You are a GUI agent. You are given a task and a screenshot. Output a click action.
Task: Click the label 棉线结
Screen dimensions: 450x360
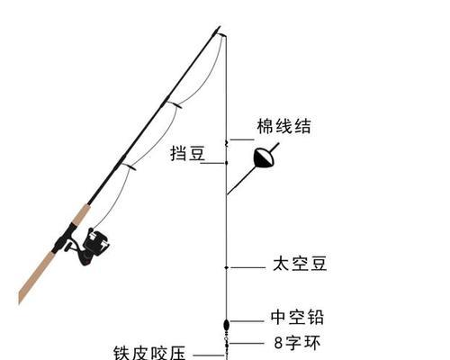coord(283,126)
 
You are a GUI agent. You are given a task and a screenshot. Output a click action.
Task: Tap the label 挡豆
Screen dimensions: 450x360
coord(188,153)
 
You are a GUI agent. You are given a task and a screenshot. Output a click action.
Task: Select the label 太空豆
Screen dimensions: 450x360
coord(300,264)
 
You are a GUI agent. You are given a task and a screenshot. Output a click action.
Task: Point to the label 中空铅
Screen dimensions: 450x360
coord(297,317)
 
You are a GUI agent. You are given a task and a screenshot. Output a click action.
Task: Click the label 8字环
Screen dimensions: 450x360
coord(297,343)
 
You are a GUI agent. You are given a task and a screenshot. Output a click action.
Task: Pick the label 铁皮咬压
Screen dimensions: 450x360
coord(149,353)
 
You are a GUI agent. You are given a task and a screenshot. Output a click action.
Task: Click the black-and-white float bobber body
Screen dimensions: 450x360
coord(264,157)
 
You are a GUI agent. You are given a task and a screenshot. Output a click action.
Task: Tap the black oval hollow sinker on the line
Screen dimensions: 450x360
coord(227,325)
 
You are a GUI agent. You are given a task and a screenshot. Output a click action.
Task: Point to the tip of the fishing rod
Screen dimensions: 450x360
coord(220,27)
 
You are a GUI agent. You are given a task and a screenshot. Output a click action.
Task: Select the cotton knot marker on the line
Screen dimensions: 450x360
coord(227,143)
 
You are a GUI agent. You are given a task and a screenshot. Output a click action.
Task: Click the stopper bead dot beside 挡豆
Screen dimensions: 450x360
coord(227,163)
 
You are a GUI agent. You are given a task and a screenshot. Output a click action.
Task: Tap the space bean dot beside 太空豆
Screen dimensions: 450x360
coord(227,267)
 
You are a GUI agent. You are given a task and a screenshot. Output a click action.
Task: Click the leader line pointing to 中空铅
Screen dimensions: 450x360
coord(247,321)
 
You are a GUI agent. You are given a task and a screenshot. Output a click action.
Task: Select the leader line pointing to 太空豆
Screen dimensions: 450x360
coord(248,267)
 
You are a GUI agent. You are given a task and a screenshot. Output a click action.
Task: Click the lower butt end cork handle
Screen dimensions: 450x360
coord(37,277)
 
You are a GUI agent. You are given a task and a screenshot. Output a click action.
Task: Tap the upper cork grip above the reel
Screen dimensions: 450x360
coord(81,215)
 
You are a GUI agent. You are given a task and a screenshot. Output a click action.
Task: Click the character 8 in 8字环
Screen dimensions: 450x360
coord(279,343)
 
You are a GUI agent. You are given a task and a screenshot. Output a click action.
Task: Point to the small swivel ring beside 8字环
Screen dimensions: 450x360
coord(227,339)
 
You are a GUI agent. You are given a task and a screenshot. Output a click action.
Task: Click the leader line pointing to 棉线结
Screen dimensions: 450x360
coord(242,139)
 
